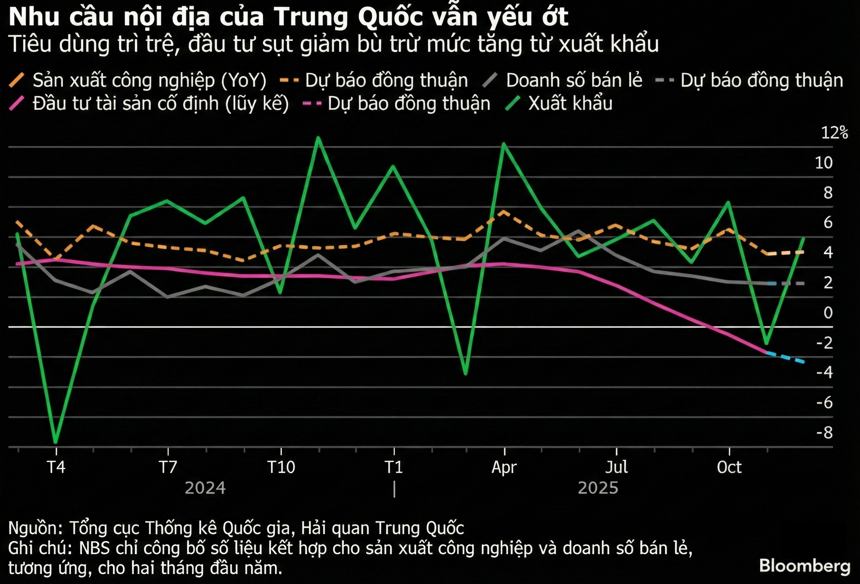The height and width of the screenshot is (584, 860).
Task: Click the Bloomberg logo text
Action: [805, 566]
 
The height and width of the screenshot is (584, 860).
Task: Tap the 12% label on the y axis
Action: [835, 133]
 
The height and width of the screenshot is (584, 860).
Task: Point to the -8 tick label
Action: [825, 432]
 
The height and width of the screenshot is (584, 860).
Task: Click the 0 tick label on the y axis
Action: [828, 313]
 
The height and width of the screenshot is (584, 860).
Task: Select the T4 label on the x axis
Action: [56, 467]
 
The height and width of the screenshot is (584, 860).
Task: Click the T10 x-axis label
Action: [281, 467]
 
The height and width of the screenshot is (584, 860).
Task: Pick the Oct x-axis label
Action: [729, 467]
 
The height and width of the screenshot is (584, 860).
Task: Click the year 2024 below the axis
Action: [205, 488]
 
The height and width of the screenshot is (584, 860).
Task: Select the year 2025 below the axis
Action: [598, 488]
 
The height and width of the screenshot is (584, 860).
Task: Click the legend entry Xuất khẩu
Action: [570, 103]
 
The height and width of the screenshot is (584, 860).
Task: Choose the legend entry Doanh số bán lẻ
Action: [574, 80]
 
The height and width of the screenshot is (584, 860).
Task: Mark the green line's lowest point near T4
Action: [55, 442]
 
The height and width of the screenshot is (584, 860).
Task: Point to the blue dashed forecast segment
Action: [785, 357]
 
